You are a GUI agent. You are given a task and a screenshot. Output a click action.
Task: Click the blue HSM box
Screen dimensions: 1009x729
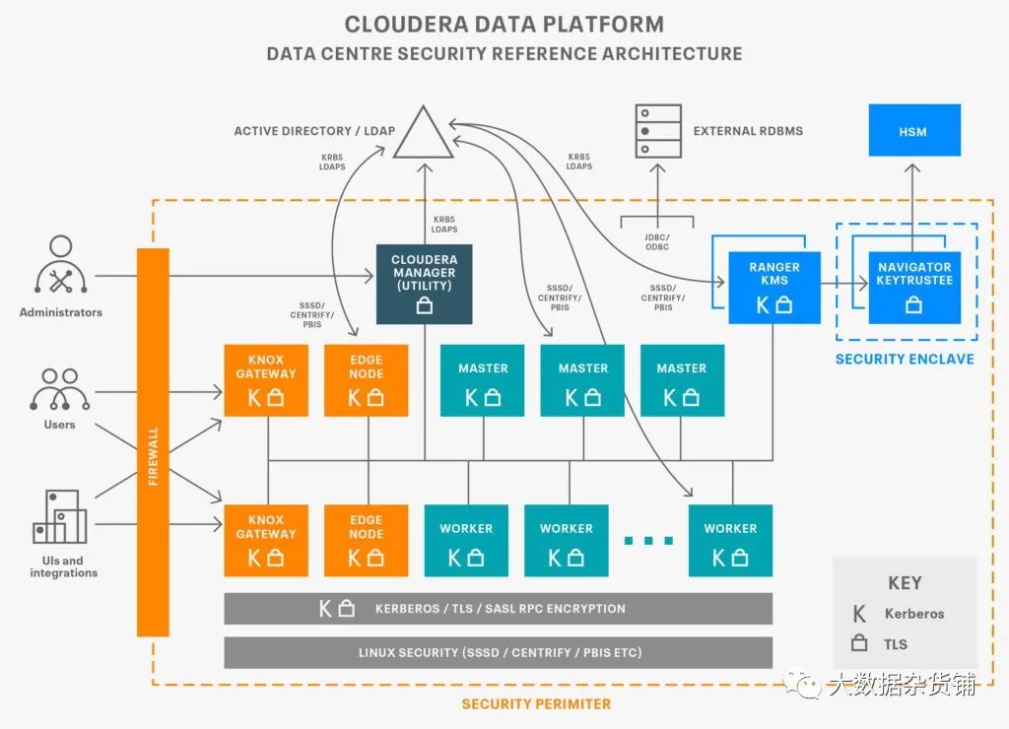(x=914, y=131)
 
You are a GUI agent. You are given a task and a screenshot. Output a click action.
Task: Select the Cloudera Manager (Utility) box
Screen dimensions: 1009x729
(x=424, y=284)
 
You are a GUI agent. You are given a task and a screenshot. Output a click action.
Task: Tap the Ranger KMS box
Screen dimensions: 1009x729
(x=774, y=288)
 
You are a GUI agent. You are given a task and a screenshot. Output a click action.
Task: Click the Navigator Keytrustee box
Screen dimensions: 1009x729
(x=914, y=288)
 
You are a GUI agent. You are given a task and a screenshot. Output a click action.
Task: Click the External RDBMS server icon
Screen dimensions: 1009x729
(x=657, y=131)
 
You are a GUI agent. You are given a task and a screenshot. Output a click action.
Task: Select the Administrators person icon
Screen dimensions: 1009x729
(x=60, y=265)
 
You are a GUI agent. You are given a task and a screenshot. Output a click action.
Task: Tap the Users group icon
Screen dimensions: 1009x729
(x=60, y=390)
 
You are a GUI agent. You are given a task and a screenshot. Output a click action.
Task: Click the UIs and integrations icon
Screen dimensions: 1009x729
(x=60, y=516)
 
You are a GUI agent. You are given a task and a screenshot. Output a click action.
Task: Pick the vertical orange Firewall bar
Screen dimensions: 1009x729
(x=153, y=442)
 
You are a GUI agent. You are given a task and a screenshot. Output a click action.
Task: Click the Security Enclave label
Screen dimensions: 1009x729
(x=905, y=359)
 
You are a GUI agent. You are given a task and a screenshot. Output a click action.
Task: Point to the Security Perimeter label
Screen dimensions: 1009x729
(x=536, y=704)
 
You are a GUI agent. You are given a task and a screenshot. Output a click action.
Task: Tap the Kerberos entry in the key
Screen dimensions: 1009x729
(x=899, y=614)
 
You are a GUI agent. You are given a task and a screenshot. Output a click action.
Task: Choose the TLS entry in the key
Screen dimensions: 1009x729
(x=880, y=643)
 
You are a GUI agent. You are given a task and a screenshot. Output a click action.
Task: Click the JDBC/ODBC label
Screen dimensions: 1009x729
(x=657, y=242)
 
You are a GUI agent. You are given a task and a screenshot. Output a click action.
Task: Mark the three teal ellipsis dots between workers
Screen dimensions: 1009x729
(x=648, y=541)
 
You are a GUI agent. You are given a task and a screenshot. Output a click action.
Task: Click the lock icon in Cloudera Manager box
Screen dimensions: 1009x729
(x=424, y=305)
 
